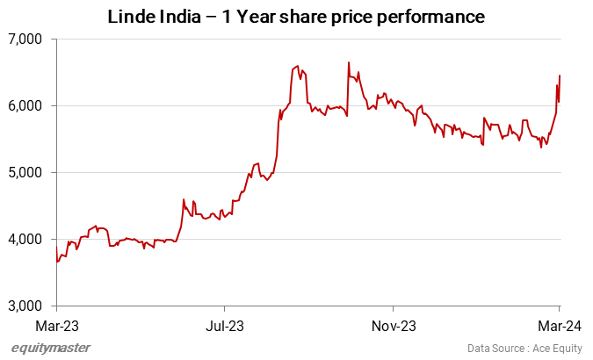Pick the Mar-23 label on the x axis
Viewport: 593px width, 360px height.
click(x=56, y=325)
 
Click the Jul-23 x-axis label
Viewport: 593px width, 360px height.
click(x=224, y=325)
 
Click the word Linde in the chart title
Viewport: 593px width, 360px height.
click(x=130, y=17)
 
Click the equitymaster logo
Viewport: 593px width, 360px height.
click(x=50, y=348)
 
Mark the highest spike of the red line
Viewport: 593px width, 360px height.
click(x=349, y=62)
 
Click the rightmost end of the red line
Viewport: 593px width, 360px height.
click(x=560, y=76)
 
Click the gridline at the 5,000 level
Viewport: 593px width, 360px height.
click(x=307, y=173)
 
